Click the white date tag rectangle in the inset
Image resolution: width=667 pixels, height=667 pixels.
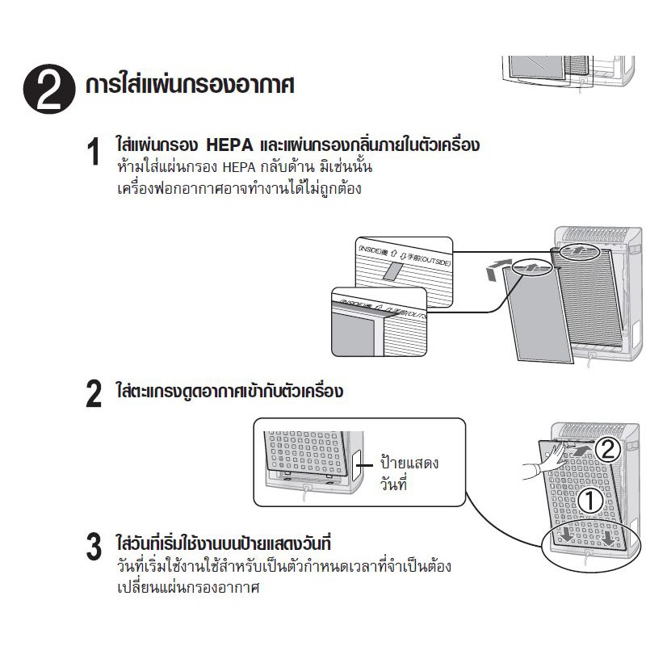(359, 460)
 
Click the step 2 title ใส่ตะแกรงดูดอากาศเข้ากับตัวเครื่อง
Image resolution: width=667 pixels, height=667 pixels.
(230, 392)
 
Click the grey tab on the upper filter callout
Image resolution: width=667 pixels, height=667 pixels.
(394, 269)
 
